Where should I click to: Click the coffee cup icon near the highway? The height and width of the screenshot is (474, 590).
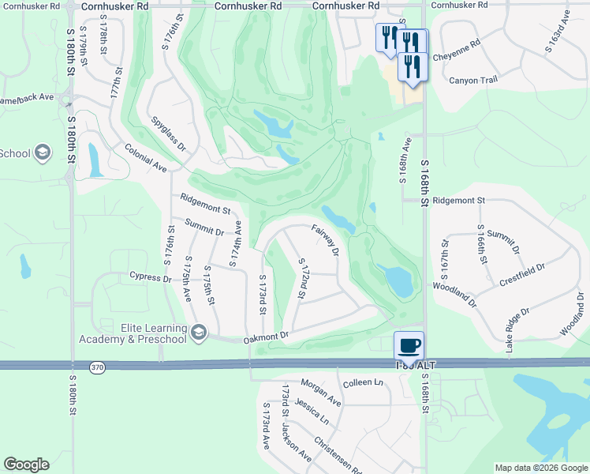[x=409, y=344]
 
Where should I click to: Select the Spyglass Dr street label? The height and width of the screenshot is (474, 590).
[x=170, y=135]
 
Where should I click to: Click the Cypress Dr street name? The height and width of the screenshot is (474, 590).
[x=151, y=277]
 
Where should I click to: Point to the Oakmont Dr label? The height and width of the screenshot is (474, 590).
[x=267, y=336]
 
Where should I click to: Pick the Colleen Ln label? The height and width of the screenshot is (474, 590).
[x=363, y=382]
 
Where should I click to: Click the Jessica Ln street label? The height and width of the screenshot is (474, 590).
[x=312, y=412]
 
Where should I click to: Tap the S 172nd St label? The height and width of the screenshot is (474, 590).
[x=301, y=278]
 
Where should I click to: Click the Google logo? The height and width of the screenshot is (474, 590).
[x=26, y=465]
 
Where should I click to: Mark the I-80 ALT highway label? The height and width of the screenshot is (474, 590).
[x=416, y=365]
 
